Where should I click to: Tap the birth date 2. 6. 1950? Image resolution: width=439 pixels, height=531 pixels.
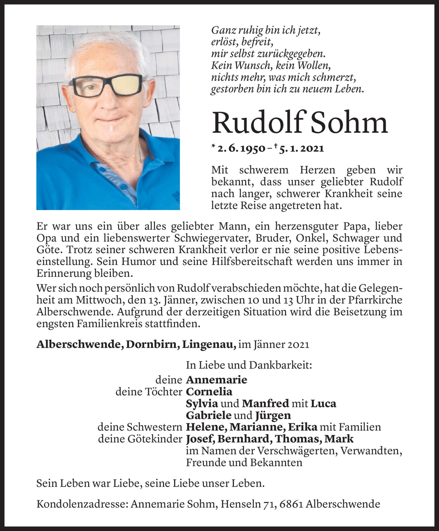point(241,148)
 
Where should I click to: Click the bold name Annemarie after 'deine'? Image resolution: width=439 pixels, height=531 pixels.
point(216,380)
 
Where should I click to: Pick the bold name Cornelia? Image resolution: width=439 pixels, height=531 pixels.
point(209,392)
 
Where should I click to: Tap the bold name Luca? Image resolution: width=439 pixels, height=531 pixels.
point(324,404)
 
